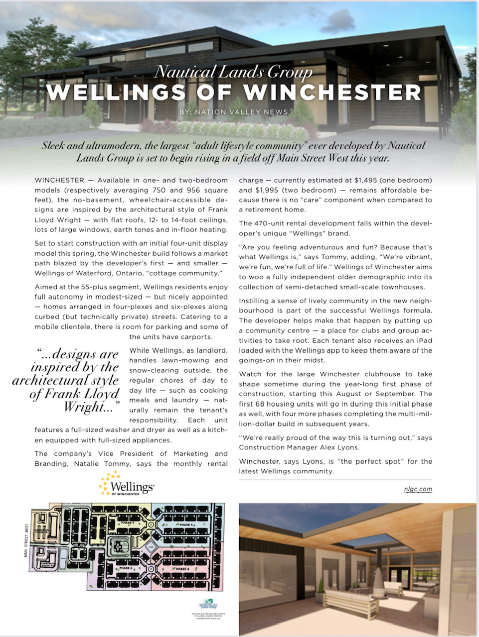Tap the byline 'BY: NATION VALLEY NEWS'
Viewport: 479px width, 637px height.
point(233,112)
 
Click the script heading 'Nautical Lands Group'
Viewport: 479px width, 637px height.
point(233,72)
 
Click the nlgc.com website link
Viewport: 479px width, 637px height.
point(418,489)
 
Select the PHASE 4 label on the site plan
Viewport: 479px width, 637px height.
point(181,569)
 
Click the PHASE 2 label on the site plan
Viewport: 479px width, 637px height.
point(125,568)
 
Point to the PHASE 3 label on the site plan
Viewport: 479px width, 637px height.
point(128,523)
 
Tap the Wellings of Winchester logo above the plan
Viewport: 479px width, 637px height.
point(127,486)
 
